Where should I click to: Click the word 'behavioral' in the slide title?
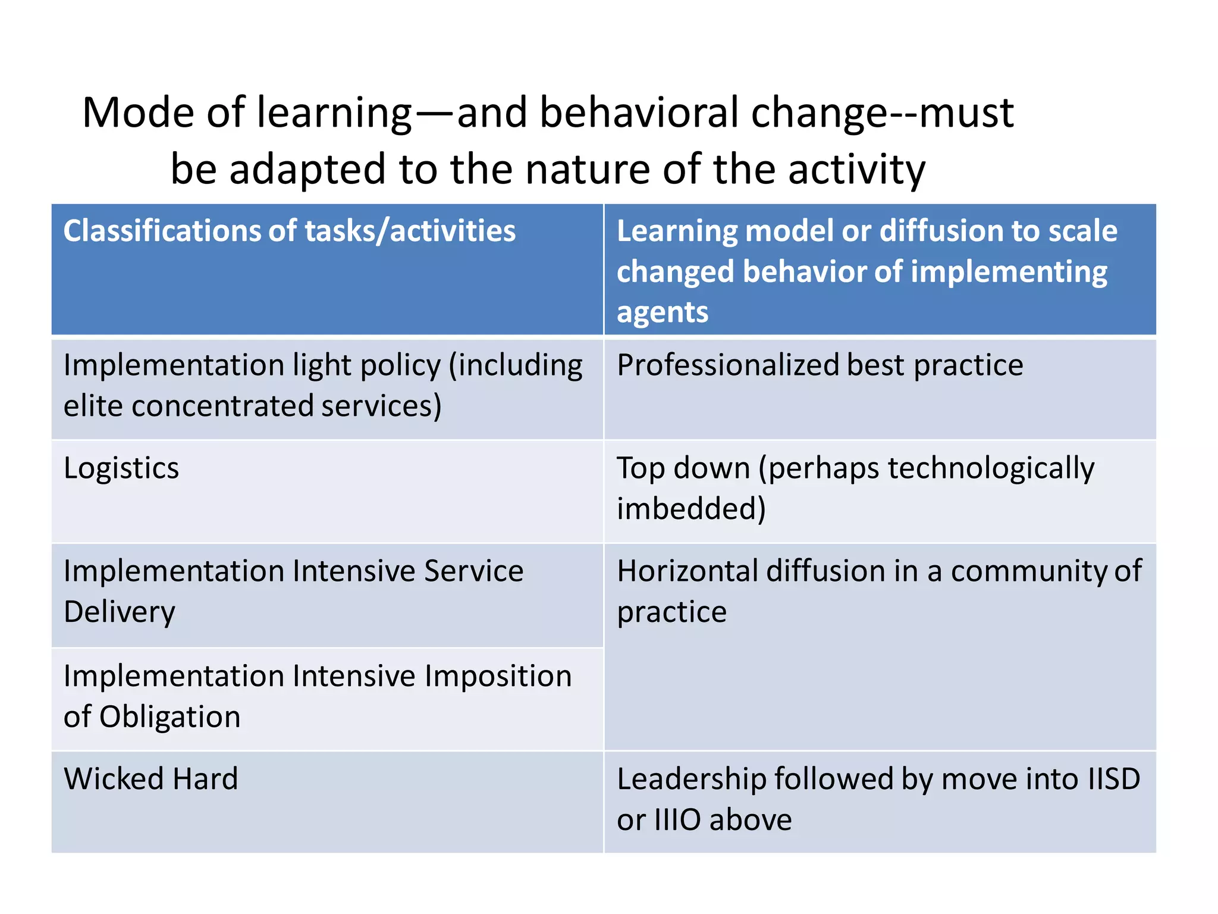(639, 112)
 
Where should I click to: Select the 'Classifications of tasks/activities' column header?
(289, 231)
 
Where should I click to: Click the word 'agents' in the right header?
(663, 312)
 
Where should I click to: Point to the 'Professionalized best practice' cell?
(820, 365)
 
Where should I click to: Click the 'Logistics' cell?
(121, 468)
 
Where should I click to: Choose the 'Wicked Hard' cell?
(151, 779)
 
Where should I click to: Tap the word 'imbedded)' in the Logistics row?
(691, 509)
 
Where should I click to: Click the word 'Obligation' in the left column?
(169, 717)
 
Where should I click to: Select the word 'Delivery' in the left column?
(120, 612)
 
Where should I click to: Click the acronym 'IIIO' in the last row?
(677, 820)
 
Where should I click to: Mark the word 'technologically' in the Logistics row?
(991, 468)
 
